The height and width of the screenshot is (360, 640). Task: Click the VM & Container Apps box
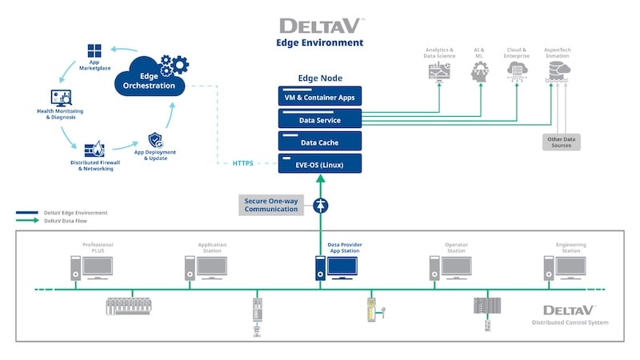(319, 98)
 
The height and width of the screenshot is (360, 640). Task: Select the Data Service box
(319, 120)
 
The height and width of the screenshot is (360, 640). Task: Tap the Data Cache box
(319, 142)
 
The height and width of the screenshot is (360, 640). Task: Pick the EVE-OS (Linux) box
(319, 163)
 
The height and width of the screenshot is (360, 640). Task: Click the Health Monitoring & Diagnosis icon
(57, 98)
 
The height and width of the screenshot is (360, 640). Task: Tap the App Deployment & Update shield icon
(155, 141)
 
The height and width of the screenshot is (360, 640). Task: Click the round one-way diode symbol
(320, 205)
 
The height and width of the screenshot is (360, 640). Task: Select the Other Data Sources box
(560, 141)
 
